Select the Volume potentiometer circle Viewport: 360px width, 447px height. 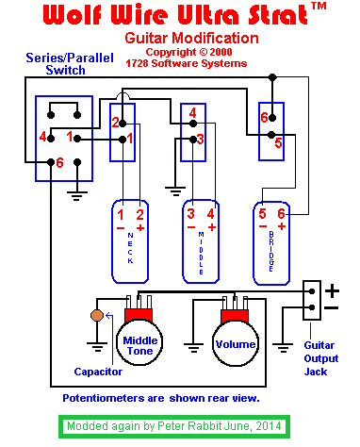(x=235, y=345)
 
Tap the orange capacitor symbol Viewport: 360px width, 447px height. (x=95, y=314)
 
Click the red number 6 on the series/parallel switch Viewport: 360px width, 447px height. (x=58, y=162)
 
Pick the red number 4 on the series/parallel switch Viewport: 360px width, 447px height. (x=42, y=138)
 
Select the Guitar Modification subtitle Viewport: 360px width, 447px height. (x=191, y=38)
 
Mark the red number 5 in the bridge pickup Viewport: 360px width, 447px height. (x=264, y=214)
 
